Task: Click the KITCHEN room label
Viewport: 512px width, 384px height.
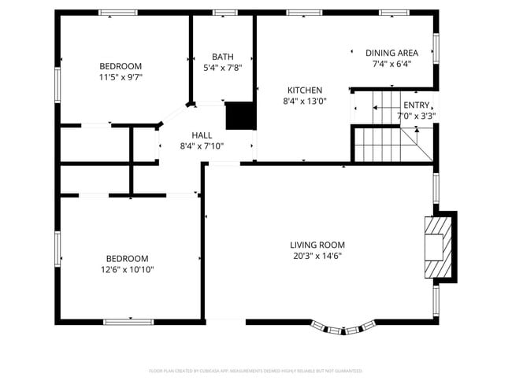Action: click(304, 90)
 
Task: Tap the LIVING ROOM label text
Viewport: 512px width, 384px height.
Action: click(317, 245)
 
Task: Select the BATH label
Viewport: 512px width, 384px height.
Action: click(222, 57)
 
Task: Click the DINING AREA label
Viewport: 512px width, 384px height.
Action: click(391, 53)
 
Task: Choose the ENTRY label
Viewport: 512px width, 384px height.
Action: click(417, 105)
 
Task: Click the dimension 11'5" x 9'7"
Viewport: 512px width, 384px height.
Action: click(121, 77)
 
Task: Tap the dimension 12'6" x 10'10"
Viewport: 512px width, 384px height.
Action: click(127, 269)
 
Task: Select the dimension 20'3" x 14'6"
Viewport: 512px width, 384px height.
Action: click(317, 256)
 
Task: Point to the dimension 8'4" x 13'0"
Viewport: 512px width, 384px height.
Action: click(304, 101)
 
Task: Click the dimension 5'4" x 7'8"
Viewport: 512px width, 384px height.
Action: click(222, 68)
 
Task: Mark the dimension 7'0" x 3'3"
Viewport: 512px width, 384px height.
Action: click(417, 116)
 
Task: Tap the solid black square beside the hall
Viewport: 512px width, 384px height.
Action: click(240, 116)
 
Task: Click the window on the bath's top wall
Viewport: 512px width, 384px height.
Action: click(224, 12)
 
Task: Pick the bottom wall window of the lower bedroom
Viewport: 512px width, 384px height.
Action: click(128, 321)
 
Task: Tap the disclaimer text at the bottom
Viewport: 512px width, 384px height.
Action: click(255, 370)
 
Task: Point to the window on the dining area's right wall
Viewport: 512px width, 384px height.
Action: click(436, 48)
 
